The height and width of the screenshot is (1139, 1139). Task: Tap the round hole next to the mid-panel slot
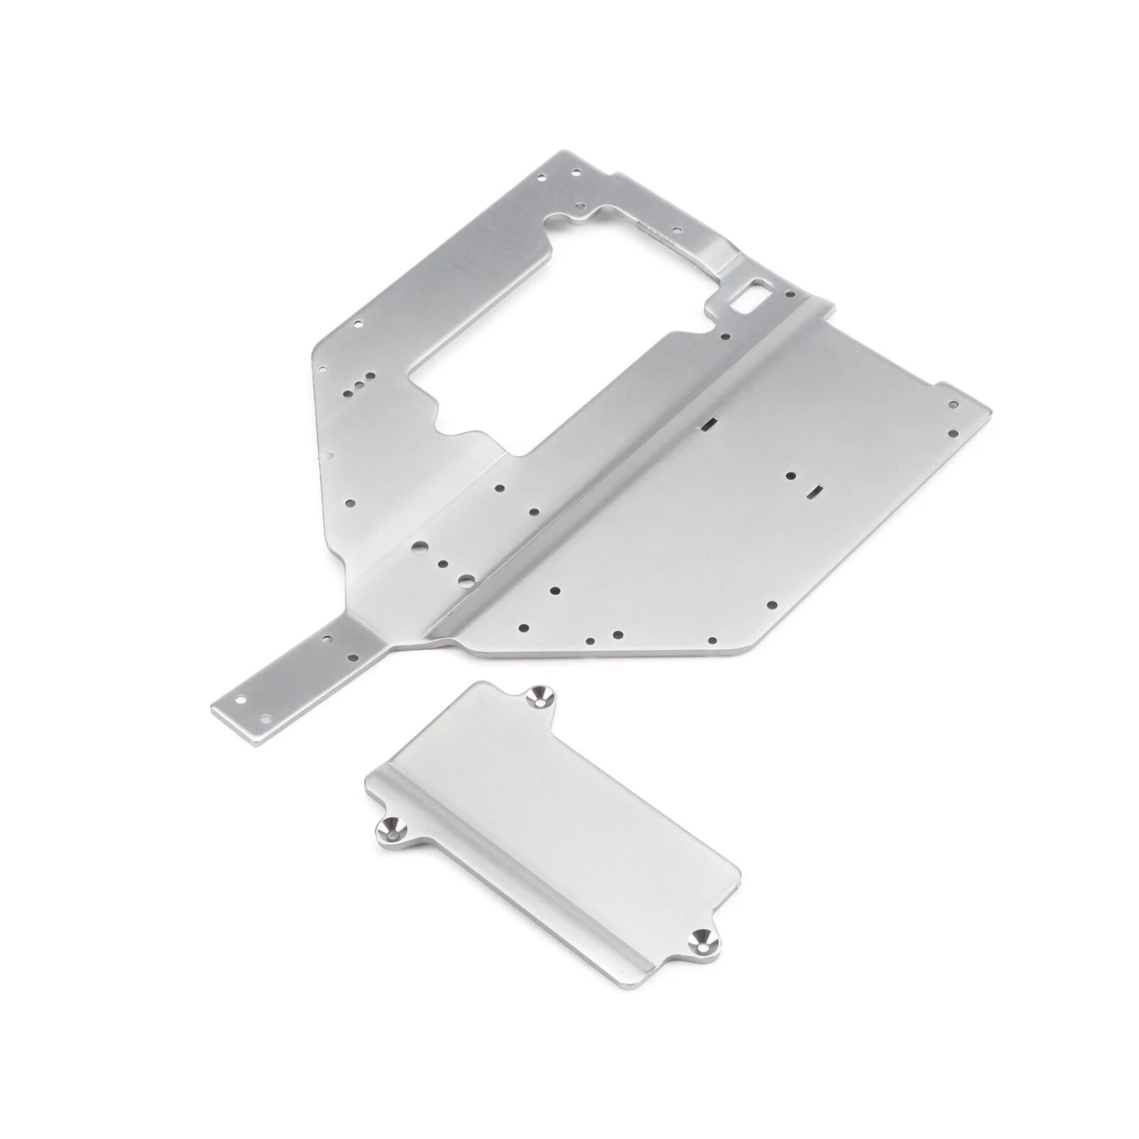pyautogui.click(x=790, y=476)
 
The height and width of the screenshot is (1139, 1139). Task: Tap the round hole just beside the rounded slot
pyautogui.click(x=790, y=292)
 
